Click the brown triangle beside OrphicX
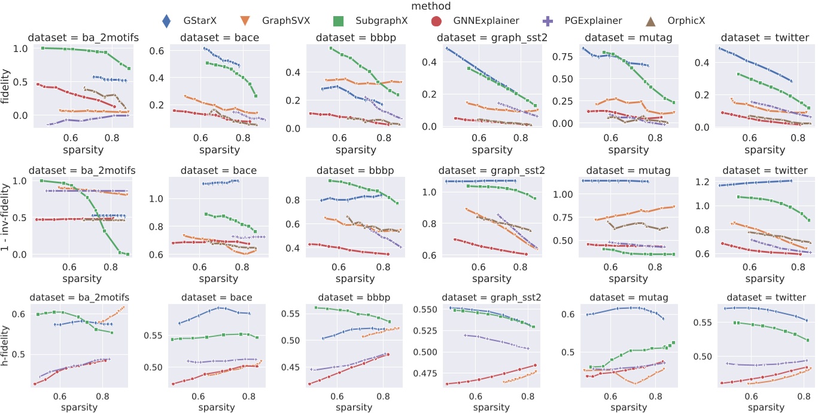coord(664,20)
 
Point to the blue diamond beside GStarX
coord(168,20)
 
